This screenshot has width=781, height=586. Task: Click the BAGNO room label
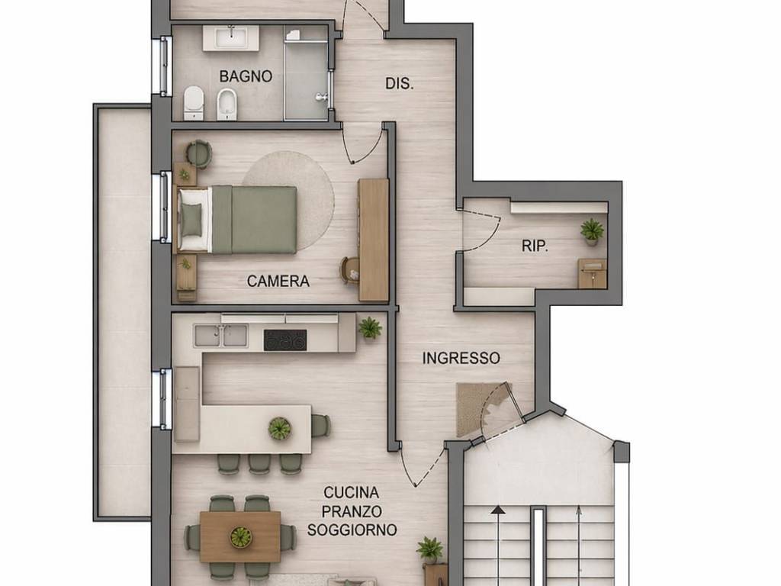click(246, 76)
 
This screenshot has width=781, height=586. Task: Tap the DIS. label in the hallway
click(400, 84)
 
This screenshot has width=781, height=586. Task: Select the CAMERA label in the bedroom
click(278, 281)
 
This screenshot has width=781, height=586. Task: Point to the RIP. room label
click(535, 246)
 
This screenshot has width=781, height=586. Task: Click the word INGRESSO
click(461, 358)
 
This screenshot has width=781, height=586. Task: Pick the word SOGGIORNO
click(352, 530)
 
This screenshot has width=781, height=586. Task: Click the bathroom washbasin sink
click(230, 38)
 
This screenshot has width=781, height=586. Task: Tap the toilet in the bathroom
click(194, 103)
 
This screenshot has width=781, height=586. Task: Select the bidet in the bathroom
click(227, 105)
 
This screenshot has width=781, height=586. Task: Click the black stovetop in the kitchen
click(285, 340)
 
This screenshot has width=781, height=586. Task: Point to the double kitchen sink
click(220, 336)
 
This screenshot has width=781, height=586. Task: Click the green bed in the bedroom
click(238, 219)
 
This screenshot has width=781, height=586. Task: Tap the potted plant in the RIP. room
click(592, 231)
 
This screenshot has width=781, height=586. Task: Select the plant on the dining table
click(240, 536)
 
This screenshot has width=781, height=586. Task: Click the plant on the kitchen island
click(279, 429)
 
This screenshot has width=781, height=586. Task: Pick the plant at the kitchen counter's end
click(370, 328)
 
